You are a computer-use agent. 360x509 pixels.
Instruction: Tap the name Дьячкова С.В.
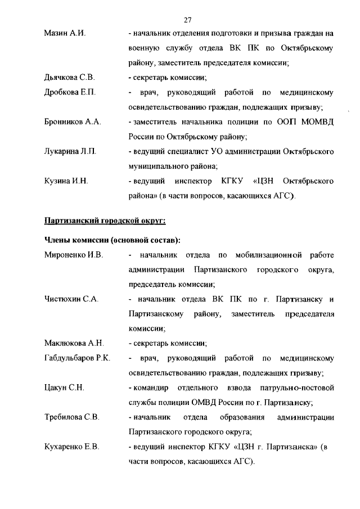[70, 77]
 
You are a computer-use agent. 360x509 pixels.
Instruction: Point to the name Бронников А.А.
[73, 121]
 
